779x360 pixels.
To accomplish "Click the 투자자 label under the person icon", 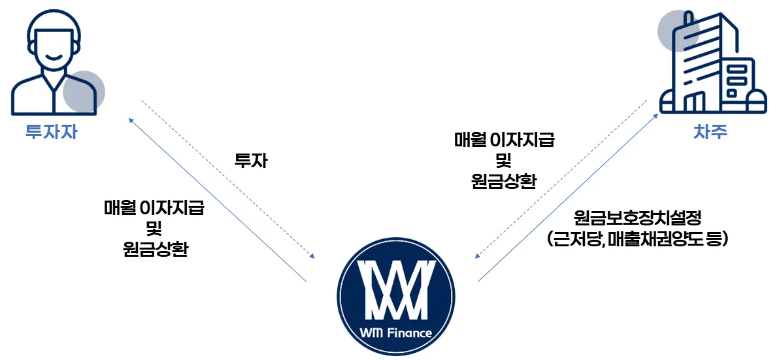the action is (50, 132).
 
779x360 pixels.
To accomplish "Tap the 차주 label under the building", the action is (710, 132).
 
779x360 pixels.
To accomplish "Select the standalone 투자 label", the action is (251, 161).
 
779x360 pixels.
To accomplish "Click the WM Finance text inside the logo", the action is (395, 333).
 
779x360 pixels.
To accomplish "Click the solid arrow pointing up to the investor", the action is (216, 199).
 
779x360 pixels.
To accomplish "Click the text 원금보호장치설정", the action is (637, 216).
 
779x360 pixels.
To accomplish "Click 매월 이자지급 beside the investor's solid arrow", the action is (154, 208).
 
